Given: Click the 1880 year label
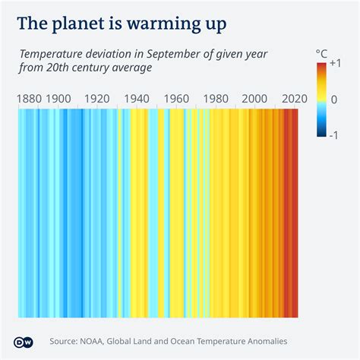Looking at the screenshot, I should (29, 99).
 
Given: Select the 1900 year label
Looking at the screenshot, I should (58, 99).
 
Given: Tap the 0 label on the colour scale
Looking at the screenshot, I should (334, 99).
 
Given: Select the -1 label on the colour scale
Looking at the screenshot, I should (335, 134).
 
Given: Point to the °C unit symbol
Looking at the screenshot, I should (321, 53).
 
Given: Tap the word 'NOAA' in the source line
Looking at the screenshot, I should (99, 341).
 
